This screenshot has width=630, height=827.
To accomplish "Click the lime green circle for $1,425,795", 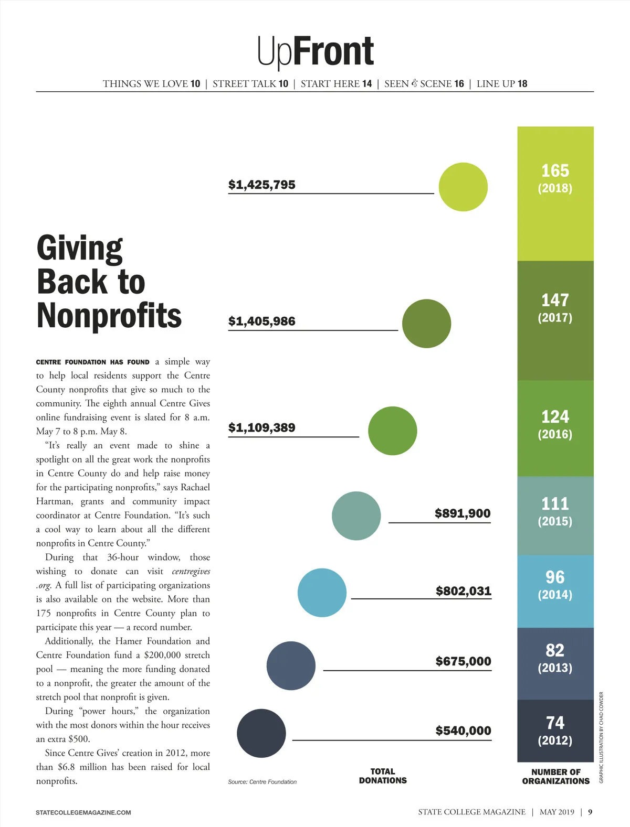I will pyautogui.click(x=463, y=187).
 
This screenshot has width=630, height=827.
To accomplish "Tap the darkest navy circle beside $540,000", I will pyautogui.click(x=261, y=733).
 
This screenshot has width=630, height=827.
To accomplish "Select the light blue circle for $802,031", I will pyautogui.click(x=322, y=593).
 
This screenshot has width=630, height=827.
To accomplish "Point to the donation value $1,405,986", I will pyautogui.click(x=262, y=321).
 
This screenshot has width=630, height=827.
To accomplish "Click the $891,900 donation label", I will pyautogui.click(x=463, y=513).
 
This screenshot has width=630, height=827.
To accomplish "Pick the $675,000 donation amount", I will pyautogui.click(x=463, y=661).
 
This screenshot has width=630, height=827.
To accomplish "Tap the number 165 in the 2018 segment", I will pyautogui.click(x=555, y=171).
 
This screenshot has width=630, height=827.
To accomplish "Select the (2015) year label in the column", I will pyautogui.click(x=555, y=521).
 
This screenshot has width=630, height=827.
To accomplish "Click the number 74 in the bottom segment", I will pyautogui.click(x=555, y=723).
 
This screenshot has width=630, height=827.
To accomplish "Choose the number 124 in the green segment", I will pyautogui.click(x=555, y=417).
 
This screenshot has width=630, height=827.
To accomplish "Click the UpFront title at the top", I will pyautogui.click(x=315, y=52).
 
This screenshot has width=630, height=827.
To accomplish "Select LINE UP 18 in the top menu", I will pyautogui.click(x=501, y=84).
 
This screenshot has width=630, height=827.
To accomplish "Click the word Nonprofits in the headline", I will pyautogui.click(x=109, y=316).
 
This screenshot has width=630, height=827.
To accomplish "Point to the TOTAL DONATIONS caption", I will pyautogui.click(x=383, y=776).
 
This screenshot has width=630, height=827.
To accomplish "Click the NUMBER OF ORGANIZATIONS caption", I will pyautogui.click(x=556, y=777).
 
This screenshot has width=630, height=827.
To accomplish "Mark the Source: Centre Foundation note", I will pyautogui.click(x=262, y=782).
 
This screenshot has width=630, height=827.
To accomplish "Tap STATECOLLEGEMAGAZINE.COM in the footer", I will pyautogui.click(x=83, y=812).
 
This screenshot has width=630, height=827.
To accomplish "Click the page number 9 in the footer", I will pyautogui.click(x=590, y=812).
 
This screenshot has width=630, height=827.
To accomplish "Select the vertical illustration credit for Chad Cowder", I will pyautogui.click(x=602, y=737).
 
